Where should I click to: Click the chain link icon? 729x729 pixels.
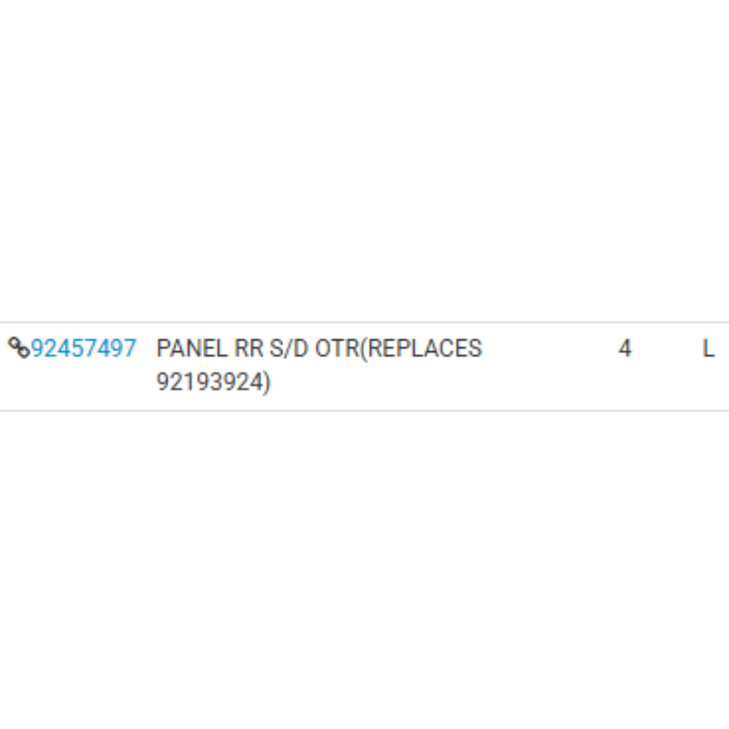coord(19,348)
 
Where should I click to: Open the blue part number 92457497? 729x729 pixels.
coord(84,349)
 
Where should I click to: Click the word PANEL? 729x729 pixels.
coord(192,349)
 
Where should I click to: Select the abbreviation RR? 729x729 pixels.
coord(249,349)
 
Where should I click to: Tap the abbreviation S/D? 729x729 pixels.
coord(289,349)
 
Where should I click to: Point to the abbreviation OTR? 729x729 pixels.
coord(337,349)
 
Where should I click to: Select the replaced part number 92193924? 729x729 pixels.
coord(210,382)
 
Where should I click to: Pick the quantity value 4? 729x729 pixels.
coord(625,349)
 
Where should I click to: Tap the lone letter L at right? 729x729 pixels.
coord(707,349)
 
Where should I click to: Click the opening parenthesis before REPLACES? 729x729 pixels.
coord(364,349)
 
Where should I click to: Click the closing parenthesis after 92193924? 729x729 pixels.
coord(267,383)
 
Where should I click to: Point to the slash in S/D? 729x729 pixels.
coord(289,349)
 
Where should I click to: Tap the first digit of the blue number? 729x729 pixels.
coord(37,349)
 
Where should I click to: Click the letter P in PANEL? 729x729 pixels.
coord(163,349)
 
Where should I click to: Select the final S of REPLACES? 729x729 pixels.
coord(475,349)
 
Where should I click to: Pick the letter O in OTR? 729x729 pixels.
coord(323,349)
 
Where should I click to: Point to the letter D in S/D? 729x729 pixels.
coord(301,349)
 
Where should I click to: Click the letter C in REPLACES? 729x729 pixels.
coord(446,349)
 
